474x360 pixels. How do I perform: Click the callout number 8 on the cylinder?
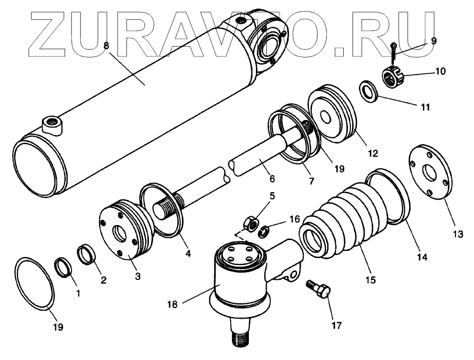click(106, 46)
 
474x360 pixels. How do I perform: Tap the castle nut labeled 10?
click(392, 77)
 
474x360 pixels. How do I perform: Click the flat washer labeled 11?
click(367, 91)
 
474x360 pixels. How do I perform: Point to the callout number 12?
click(372, 153)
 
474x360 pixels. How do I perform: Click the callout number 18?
click(173, 305)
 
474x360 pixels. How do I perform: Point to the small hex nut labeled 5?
click(251, 223)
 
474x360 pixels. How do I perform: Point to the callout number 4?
click(188, 253)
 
